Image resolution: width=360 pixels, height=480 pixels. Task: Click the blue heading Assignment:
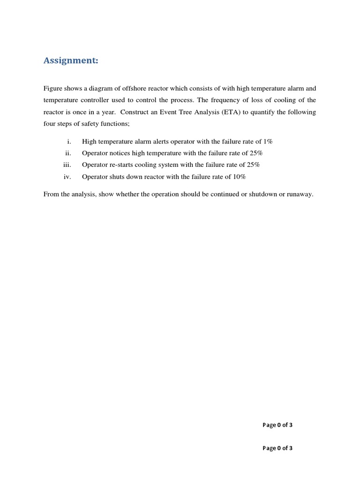(71, 60)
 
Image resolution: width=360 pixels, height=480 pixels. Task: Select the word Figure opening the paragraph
(53, 88)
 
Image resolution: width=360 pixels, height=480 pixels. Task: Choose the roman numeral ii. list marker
(68, 153)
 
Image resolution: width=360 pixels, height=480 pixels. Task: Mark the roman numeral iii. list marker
(67, 165)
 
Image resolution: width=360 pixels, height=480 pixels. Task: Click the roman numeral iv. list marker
(67, 177)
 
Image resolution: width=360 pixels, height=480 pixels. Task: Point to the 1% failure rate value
(268, 141)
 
